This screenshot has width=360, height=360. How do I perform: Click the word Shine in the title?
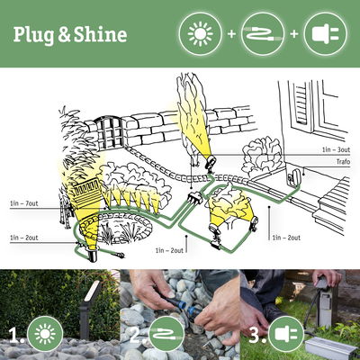tap(100, 35)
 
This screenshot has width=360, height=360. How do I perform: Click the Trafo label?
tap(342, 162)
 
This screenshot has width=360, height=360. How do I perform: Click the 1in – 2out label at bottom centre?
tap(171, 249)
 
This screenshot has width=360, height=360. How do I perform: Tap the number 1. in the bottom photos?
tap(15, 337)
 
